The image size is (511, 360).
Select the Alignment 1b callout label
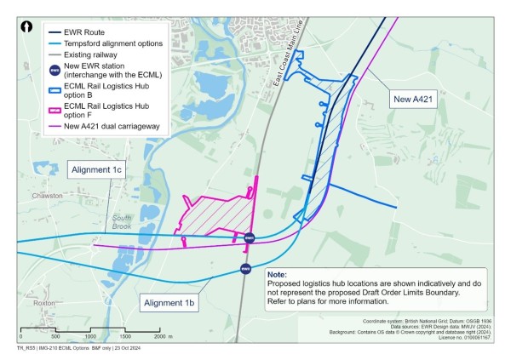tap(169, 303)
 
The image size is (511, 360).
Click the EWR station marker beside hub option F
tap(249, 238)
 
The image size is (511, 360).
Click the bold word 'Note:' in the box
tap(278, 276)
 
